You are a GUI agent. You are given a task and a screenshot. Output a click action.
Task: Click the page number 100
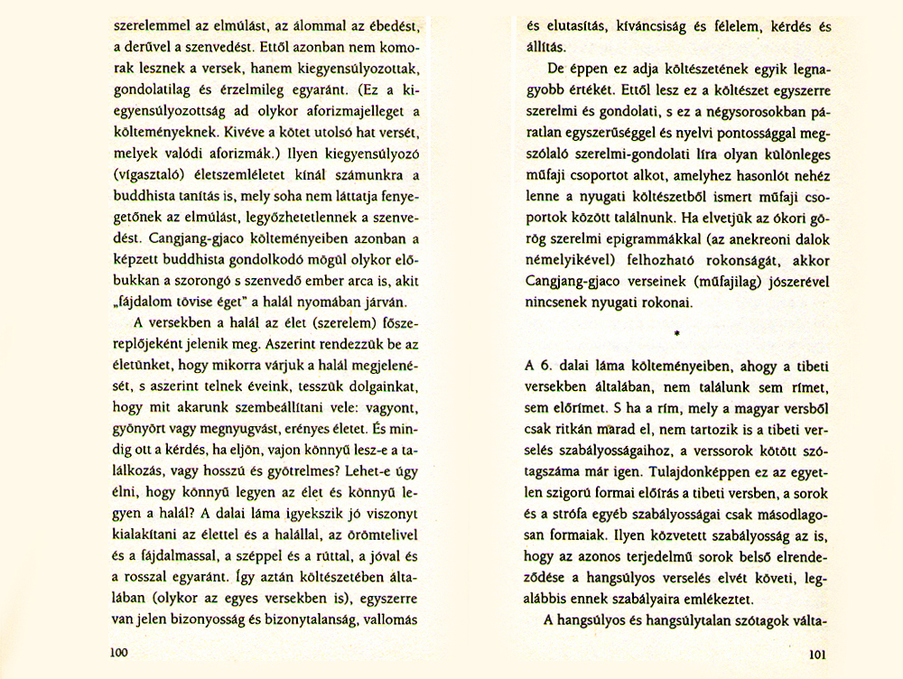pyautogui.click(x=119, y=652)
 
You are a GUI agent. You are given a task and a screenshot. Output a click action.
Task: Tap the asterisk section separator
pyautogui.click(x=675, y=333)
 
